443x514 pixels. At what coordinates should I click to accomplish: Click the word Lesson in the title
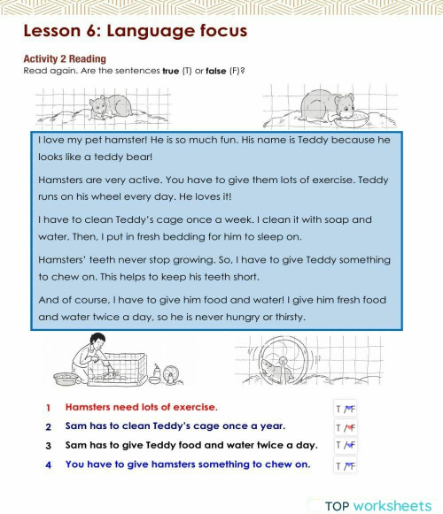[x=53, y=32]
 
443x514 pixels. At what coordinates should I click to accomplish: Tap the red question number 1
[x=49, y=408]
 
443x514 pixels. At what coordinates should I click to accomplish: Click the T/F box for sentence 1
[x=345, y=409]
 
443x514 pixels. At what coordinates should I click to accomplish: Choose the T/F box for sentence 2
[x=345, y=427]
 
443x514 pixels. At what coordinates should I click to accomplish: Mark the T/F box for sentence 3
[x=345, y=446]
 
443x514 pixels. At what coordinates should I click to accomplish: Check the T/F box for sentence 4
[x=345, y=465]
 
